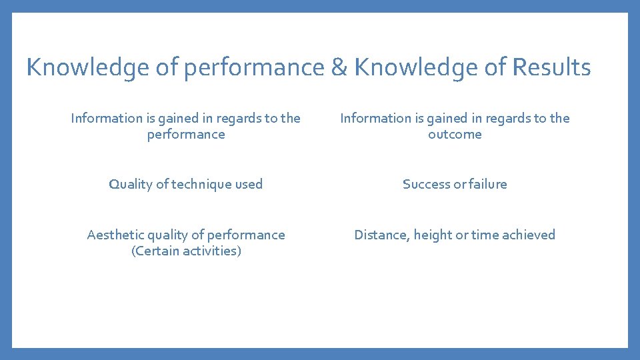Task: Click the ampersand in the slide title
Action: point(339,67)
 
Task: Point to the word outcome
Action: point(455,135)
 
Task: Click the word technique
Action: point(199,185)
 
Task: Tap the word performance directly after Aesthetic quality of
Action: point(245,235)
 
